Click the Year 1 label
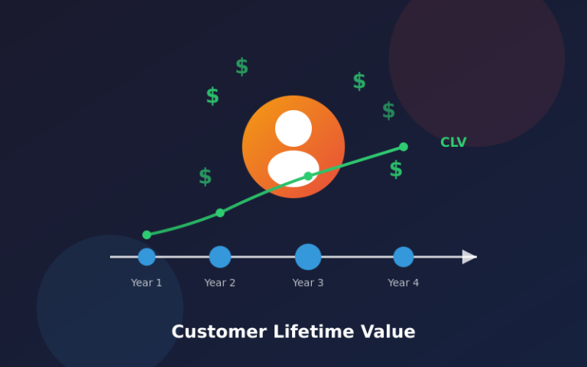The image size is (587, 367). (x=146, y=283)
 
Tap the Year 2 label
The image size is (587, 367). (x=219, y=283)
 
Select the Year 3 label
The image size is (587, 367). (x=308, y=283)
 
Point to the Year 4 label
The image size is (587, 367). (x=403, y=283)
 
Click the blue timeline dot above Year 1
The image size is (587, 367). (x=147, y=257)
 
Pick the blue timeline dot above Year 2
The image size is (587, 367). (x=220, y=257)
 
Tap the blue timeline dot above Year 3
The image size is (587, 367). (x=308, y=257)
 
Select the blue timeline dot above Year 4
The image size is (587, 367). (x=404, y=257)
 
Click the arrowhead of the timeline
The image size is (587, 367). (x=469, y=257)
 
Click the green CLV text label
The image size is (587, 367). (x=453, y=142)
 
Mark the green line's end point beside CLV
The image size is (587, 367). (x=404, y=147)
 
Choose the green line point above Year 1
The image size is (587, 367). (x=147, y=235)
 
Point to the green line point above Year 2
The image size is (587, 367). (x=220, y=213)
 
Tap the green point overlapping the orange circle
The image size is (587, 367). (x=308, y=177)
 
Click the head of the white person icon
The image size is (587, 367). (x=293, y=128)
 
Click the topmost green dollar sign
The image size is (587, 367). (x=242, y=67)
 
